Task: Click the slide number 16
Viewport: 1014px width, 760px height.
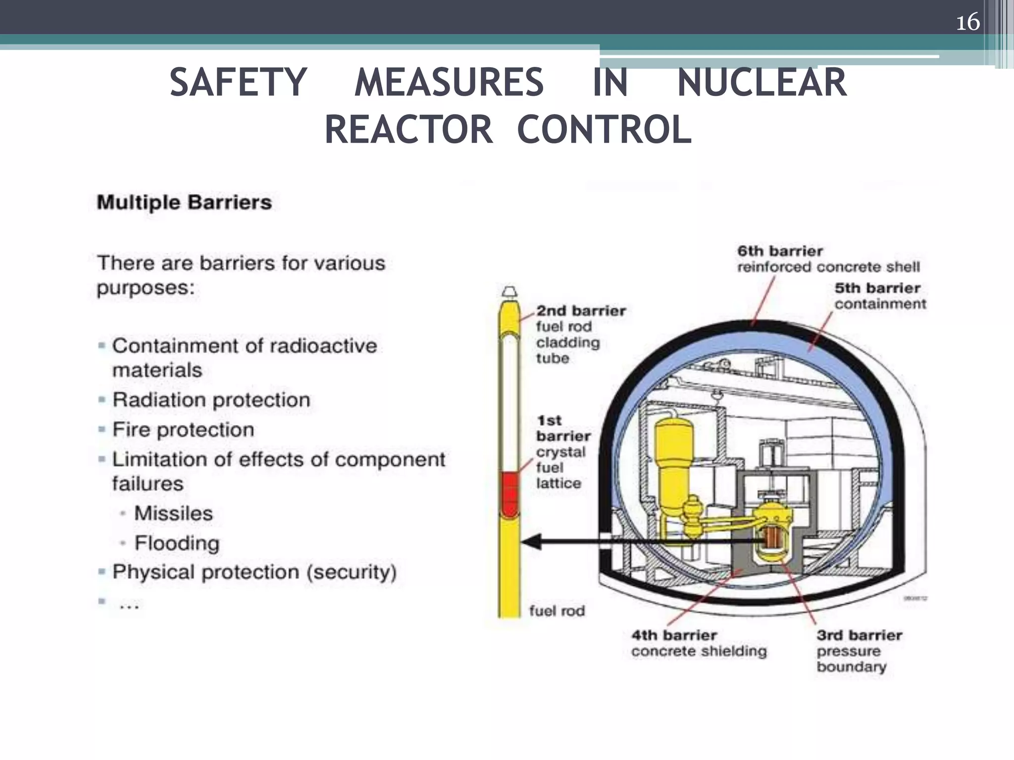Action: point(967,22)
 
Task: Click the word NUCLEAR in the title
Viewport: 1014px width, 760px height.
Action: point(761,83)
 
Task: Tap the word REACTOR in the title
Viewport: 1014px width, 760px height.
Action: point(408,130)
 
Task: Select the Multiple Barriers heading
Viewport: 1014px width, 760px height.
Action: point(184,202)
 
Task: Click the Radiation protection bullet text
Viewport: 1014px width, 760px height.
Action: point(211,400)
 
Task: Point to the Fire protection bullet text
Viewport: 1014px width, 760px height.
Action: point(183,429)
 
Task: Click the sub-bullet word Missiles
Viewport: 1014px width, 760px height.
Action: point(173,513)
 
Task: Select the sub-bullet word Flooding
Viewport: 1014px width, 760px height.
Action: point(177,543)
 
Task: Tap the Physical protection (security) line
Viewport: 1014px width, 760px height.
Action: point(254,572)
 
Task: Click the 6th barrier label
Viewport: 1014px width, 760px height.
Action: point(828,259)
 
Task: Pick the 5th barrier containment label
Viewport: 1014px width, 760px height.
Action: point(879,295)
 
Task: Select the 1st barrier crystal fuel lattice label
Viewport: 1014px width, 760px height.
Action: point(563,451)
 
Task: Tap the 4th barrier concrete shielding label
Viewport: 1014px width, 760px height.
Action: point(698,643)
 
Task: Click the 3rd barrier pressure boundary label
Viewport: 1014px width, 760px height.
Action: point(859,650)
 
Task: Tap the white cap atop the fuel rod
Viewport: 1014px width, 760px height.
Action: point(509,291)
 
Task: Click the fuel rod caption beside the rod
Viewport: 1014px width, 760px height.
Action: point(557,611)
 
